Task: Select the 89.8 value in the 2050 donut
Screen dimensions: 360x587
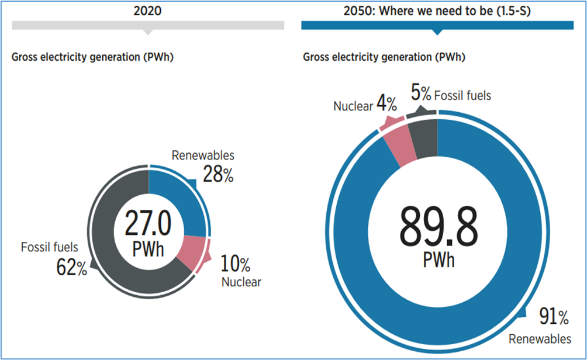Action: click(x=438, y=227)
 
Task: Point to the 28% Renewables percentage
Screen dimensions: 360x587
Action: click(x=218, y=174)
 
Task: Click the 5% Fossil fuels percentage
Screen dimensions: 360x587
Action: click(x=421, y=94)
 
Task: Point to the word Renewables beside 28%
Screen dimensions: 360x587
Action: click(x=202, y=155)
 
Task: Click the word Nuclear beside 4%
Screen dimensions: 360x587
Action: click(x=353, y=107)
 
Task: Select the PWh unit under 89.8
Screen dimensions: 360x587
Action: click(x=438, y=259)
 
